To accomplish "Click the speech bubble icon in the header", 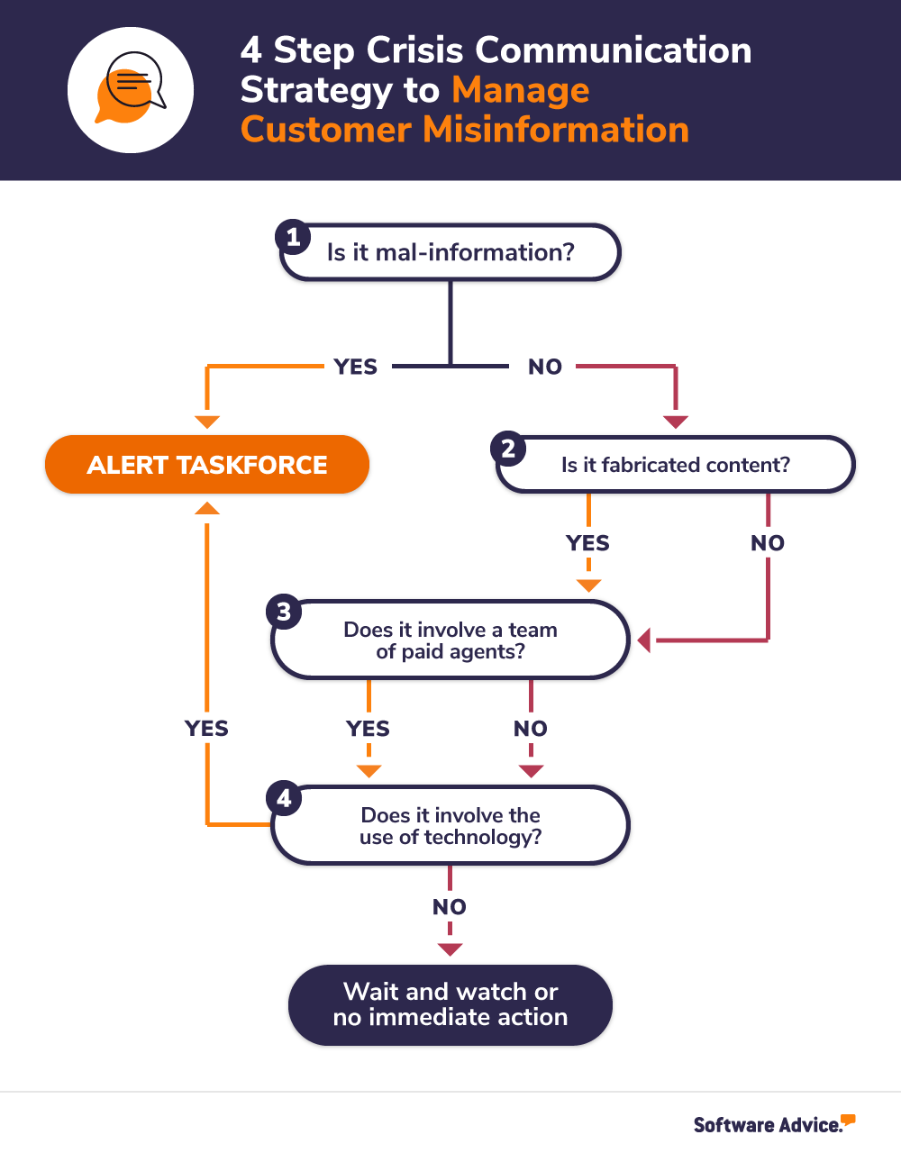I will pyautogui.click(x=131, y=89).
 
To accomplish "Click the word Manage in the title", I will pyautogui.click(x=521, y=90).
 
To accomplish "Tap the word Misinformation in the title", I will pyautogui.click(x=556, y=130).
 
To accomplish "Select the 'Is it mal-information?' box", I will pyautogui.click(x=450, y=252).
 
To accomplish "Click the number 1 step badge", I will pyautogui.click(x=293, y=238).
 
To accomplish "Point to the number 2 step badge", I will pyautogui.click(x=508, y=449).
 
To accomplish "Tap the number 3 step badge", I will pyautogui.click(x=284, y=612).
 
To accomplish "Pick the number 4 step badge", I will pyautogui.click(x=284, y=798).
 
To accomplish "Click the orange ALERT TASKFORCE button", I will pyautogui.click(x=207, y=465).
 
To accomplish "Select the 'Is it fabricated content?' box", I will pyautogui.click(x=676, y=465).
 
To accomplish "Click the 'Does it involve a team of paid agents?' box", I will pyautogui.click(x=450, y=640).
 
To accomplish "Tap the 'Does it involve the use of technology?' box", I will pyautogui.click(x=450, y=826).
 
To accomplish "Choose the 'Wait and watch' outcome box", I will pyautogui.click(x=450, y=1004).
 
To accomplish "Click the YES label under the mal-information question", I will pyautogui.click(x=356, y=367).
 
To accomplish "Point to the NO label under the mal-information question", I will pyautogui.click(x=545, y=367).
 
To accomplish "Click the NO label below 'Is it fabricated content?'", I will pyautogui.click(x=768, y=543).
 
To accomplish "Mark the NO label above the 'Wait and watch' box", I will pyautogui.click(x=450, y=907).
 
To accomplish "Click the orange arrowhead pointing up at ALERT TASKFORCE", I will pyautogui.click(x=207, y=509).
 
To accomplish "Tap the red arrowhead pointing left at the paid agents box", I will pyautogui.click(x=644, y=640).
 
